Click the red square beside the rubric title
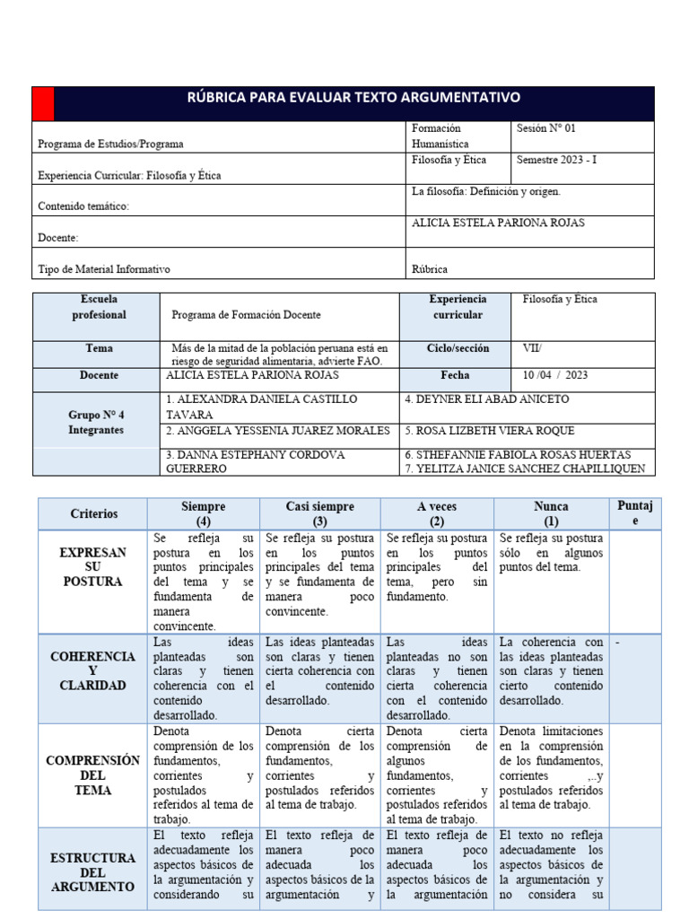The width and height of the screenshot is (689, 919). [42, 103]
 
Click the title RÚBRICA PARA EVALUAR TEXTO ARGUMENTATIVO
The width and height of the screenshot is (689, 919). [353, 98]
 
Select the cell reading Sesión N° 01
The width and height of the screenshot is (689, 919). [547, 128]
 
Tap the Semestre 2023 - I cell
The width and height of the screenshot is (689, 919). [556, 160]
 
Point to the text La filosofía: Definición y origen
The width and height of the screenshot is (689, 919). [486, 191]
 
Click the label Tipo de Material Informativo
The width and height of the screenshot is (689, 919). [104, 269]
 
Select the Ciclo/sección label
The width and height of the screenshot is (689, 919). [458, 347]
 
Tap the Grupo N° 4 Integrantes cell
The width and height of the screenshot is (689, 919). [96, 423]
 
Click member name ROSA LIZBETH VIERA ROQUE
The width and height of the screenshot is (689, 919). [489, 431]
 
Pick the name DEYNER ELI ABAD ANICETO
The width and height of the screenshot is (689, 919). [486, 399]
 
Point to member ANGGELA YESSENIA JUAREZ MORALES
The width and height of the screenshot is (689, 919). [278, 431]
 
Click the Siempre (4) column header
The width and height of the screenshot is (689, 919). [203, 513]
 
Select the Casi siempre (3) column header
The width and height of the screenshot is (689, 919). [320, 513]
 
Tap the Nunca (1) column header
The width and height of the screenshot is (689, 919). [550, 513]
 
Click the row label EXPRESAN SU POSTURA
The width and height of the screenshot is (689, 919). [93, 567]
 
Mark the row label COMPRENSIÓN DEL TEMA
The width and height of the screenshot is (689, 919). [93, 775]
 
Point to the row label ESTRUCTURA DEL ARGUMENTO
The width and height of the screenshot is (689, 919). [93, 871]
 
